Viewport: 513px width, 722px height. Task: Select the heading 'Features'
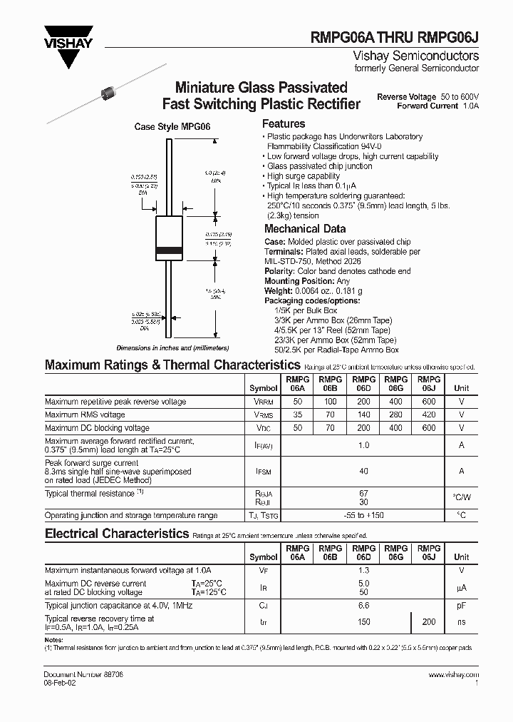pyautogui.click(x=284, y=124)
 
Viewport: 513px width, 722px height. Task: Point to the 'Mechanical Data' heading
pyautogui.click(x=305, y=229)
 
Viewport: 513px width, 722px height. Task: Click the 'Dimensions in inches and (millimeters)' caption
pyautogui.click(x=173, y=347)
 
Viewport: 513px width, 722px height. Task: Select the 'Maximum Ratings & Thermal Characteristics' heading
pyautogui.click(x=162, y=365)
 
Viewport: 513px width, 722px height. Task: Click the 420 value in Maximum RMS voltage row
pyautogui.click(x=429, y=415)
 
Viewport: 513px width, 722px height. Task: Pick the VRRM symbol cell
pyautogui.click(x=264, y=402)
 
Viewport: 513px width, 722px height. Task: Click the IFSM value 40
pyautogui.click(x=363, y=471)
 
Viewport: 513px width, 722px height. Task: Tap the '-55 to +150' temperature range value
pyautogui.click(x=363, y=515)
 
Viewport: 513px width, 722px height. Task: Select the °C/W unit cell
pyautogui.click(x=462, y=497)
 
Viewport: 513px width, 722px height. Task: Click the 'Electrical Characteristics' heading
pyautogui.click(x=116, y=534)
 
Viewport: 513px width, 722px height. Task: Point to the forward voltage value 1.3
pyautogui.click(x=363, y=570)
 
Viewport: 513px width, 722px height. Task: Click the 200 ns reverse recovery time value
pyautogui.click(x=429, y=622)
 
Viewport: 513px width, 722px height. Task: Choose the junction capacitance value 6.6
pyautogui.click(x=363, y=605)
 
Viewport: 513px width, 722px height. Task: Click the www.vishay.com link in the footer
pyautogui.click(x=454, y=675)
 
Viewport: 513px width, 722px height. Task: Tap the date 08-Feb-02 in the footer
pyautogui.click(x=62, y=683)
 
